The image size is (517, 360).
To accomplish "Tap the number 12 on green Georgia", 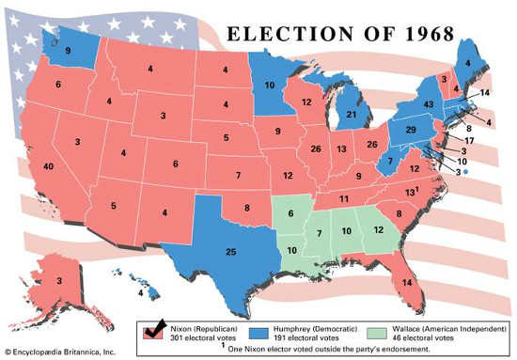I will pos(378,231).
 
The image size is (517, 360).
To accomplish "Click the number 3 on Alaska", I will pos(59,280).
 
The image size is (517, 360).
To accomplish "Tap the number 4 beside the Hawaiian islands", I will pos(141,292).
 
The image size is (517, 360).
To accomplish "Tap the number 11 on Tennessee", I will pos(344,199).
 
